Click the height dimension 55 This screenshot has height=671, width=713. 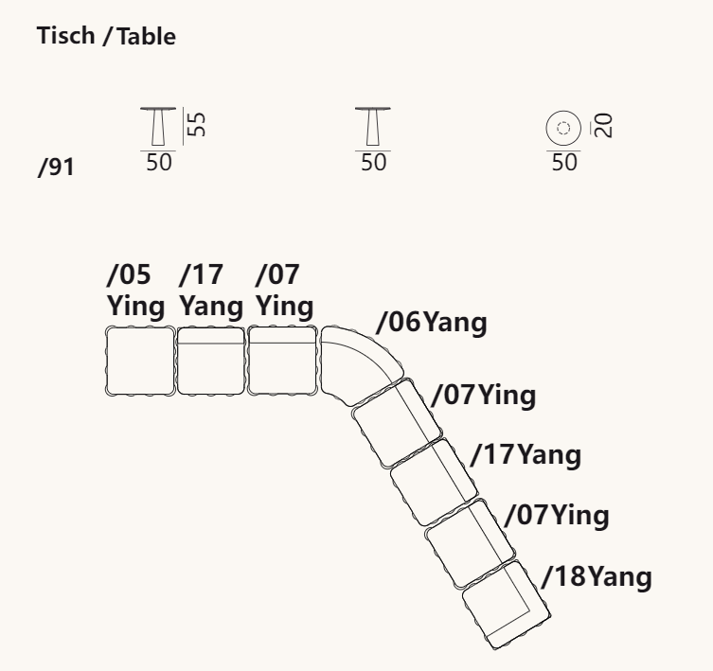(x=197, y=126)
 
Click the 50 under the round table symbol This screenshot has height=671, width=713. (x=563, y=162)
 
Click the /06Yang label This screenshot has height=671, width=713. (x=431, y=323)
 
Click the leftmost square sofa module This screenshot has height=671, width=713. (x=139, y=360)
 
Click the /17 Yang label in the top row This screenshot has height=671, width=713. (x=210, y=291)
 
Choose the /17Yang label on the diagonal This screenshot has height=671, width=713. (x=526, y=455)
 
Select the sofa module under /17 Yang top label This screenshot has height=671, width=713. (x=210, y=360)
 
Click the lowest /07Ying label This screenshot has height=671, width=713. (x=556, y=516)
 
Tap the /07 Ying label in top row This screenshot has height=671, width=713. (x=285, y=291)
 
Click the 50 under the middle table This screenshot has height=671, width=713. (x=374, y=162)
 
